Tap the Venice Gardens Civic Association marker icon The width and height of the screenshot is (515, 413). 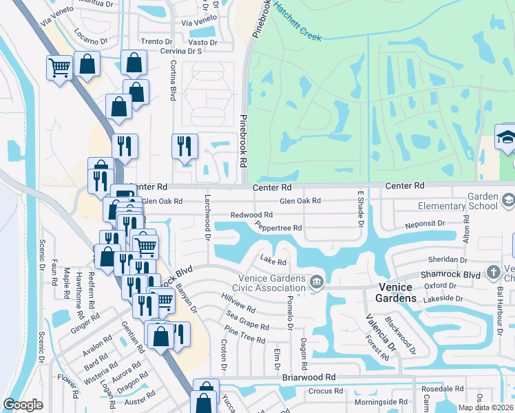click(316, 281)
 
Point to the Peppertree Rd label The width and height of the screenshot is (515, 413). click(278, 227)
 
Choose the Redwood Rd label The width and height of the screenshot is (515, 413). click(251, 215)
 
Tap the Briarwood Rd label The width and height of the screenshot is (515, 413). click(308, 378)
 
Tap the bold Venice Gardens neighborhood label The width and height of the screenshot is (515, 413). click(396, 298)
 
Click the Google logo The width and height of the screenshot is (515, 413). click(23, 405)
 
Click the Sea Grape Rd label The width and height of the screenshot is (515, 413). click(242, 324)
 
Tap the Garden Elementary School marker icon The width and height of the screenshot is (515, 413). click(508, 200)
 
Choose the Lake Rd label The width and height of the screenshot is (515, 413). click(273, 260)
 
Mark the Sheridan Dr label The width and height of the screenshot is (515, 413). click(448, 260)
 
